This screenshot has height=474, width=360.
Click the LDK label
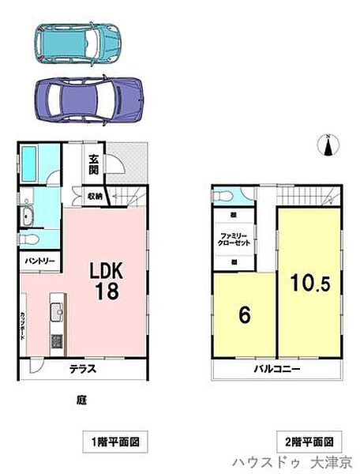[x=106, y=270]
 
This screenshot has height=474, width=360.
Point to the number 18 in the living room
[x=107, y=292]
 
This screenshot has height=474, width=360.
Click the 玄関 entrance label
[x=93, y=164]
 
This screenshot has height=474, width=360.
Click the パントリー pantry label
[x=34, y=259]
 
